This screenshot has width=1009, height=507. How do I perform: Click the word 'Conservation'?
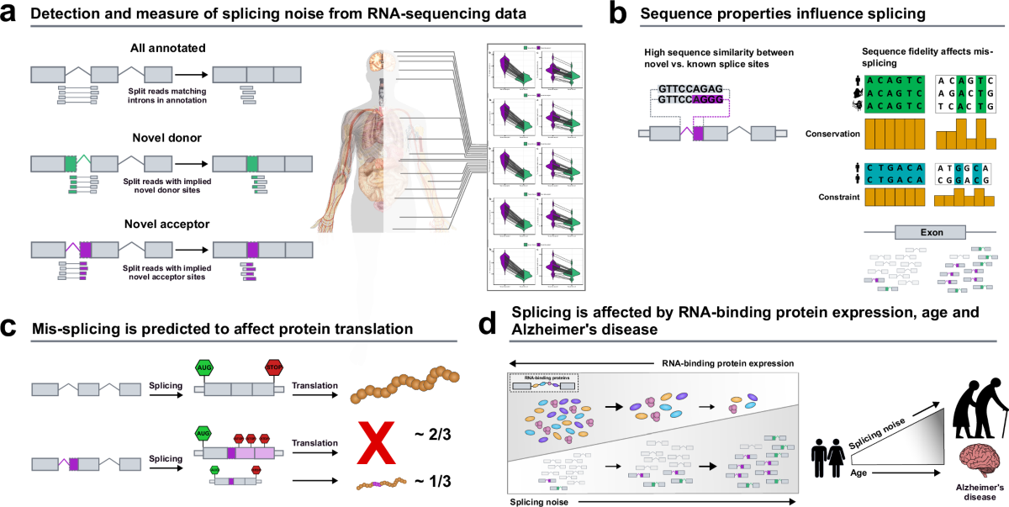[832, 133]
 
